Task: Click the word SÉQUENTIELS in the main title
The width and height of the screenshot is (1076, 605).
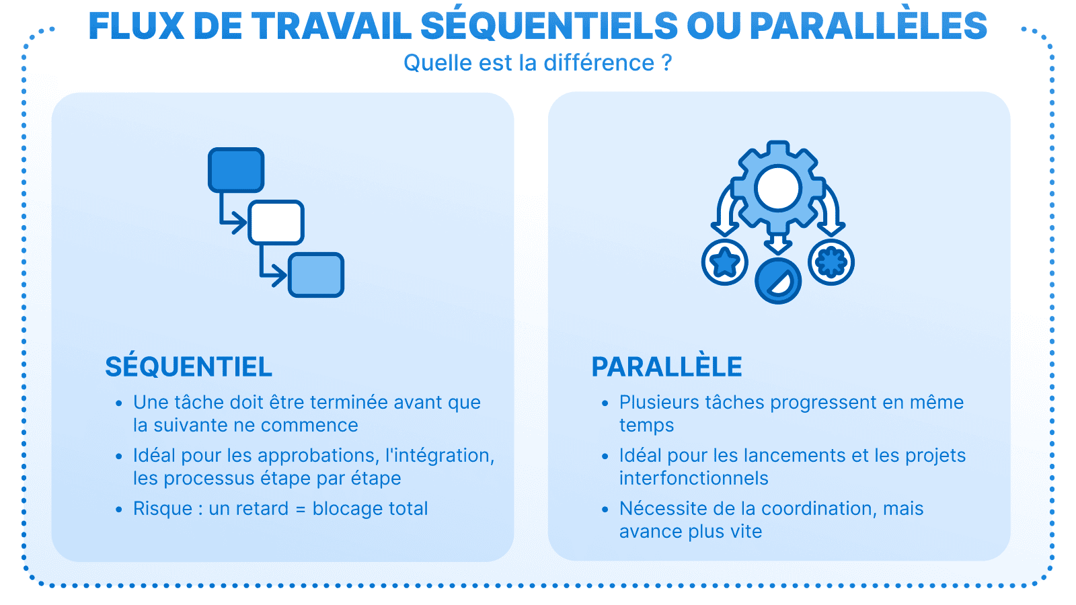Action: click(549, 27)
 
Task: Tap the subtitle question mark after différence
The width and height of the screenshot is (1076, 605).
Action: click(666, 63)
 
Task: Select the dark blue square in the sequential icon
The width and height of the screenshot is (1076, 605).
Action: click(236, 170)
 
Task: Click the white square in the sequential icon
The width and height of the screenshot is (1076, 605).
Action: click(276, 223)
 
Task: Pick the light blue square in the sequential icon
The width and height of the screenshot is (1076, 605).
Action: click(316, 275)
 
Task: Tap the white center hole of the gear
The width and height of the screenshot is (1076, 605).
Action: click(778, 188)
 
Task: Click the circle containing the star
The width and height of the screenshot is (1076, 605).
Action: click(725, 262)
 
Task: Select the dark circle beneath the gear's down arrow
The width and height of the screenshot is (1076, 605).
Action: click(778, 281)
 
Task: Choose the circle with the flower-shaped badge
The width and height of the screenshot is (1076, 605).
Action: click(831, 262)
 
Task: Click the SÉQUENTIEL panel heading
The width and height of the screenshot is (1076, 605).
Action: click(188, 367)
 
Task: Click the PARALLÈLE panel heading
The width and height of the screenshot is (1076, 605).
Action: click(666, 367)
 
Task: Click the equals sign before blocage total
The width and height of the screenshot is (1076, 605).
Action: click(301, 510)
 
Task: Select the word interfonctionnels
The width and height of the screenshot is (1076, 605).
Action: click(693, 479)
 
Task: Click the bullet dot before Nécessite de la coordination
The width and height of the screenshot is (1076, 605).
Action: click(605, 510)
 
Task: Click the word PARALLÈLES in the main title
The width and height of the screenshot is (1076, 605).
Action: click(868, 27)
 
